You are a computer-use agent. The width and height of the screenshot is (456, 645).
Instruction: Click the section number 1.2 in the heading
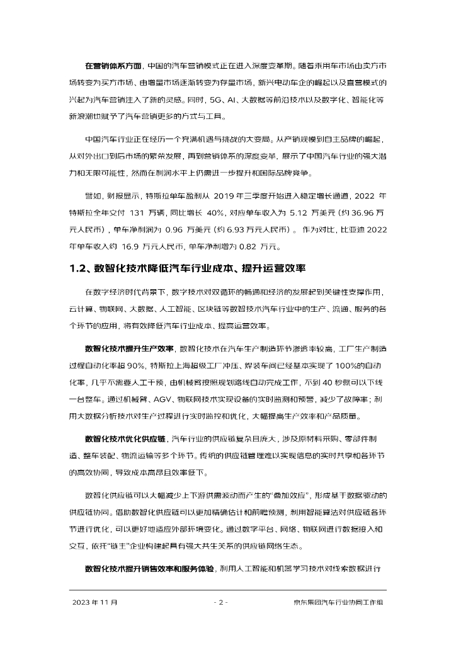pyautogui.click(x=80, y=269)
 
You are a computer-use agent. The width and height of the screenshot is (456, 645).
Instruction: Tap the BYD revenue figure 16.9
pyautogui.click(x=127, y=246)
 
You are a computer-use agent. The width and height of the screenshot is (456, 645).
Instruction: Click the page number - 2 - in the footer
pyautogui.click(x=220, y=603)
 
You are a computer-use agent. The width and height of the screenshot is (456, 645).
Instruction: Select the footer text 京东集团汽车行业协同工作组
pyautogui.click(x=338, y=603)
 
